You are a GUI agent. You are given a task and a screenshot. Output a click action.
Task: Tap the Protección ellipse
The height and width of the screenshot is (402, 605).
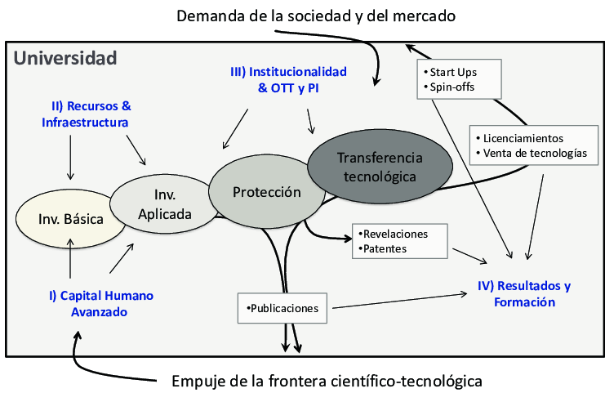point(266,193)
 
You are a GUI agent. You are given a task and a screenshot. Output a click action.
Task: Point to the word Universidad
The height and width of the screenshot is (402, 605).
point(66,59)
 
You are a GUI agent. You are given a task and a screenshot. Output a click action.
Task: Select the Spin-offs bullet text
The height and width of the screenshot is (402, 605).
point(447,87)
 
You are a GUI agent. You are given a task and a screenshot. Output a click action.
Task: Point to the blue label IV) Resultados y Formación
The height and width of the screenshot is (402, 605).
point(523,294)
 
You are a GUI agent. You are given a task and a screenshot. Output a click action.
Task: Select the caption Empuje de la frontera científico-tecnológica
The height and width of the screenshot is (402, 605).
point(327,382)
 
